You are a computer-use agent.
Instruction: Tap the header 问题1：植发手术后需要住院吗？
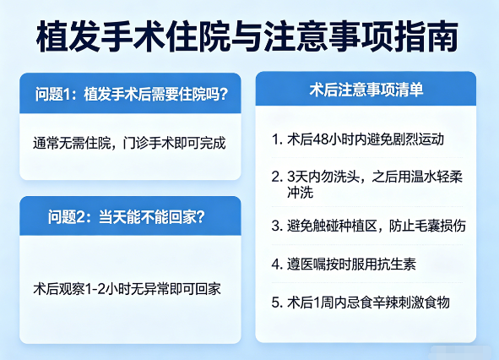click(130, 93)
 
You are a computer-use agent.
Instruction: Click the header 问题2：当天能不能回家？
click(127, 216)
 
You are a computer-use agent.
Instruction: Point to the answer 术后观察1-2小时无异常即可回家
click(127, 289)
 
